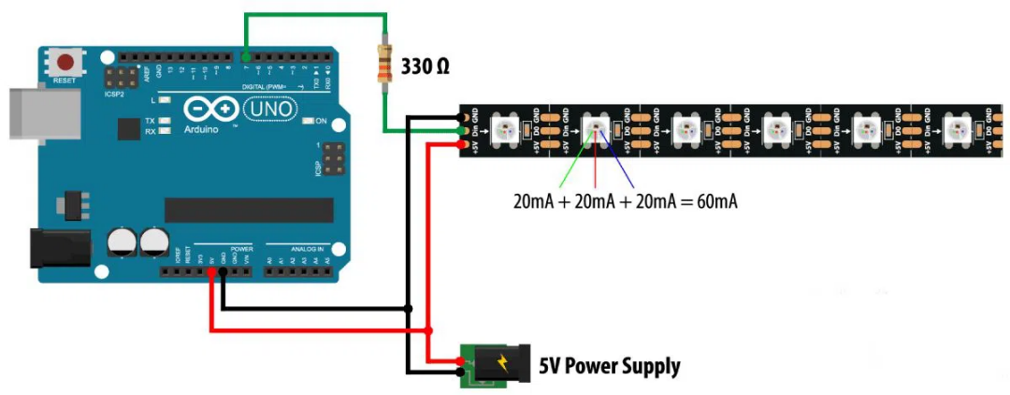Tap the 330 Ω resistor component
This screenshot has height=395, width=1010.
(382, 66)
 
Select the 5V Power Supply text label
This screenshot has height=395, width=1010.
(609, 366)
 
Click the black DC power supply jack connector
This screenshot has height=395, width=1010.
(495, 366)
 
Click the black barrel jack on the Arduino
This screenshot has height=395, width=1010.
(58, 247)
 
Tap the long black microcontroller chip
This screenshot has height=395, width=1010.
(249, 210)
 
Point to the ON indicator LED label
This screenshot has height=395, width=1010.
(321, 121)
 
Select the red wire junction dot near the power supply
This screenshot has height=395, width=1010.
(428, 330)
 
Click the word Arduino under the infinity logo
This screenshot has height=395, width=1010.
(201, 129)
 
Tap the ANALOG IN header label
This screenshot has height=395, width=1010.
(308, 250)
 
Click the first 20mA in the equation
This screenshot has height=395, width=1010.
(535, 200)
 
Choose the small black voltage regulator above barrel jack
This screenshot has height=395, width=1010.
(70, 204)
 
